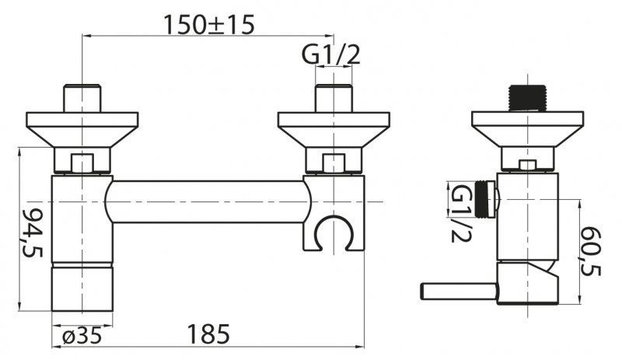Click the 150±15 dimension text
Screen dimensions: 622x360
208,25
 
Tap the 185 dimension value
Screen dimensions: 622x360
208,334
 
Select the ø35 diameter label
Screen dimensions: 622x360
82,336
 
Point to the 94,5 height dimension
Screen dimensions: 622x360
33,232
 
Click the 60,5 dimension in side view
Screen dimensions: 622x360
592,251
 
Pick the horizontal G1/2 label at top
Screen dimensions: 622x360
331,54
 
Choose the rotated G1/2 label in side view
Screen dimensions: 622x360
462,213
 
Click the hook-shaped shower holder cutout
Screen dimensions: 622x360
334,233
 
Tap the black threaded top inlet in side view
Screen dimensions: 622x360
527,99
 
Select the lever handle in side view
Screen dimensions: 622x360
459,292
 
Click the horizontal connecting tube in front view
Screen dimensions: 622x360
208,201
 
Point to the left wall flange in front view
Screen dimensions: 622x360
82,130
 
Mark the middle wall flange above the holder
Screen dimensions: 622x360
334,130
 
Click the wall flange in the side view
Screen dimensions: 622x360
527,130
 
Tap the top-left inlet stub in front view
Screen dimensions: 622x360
82,99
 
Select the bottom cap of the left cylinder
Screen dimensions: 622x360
82,287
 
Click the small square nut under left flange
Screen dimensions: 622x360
82,163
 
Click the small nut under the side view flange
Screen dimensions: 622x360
527,166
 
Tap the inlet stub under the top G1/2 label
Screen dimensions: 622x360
334,99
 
